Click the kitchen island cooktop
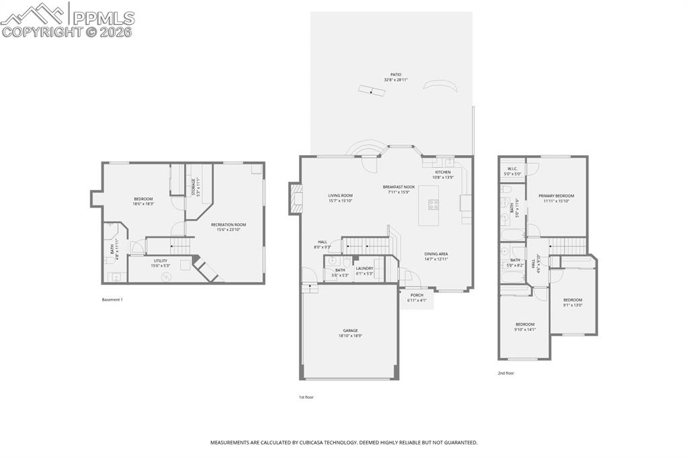click(433, 205)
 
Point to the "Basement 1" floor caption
click(112, 300)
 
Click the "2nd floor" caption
click(505, 373)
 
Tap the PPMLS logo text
click(103, 18)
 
